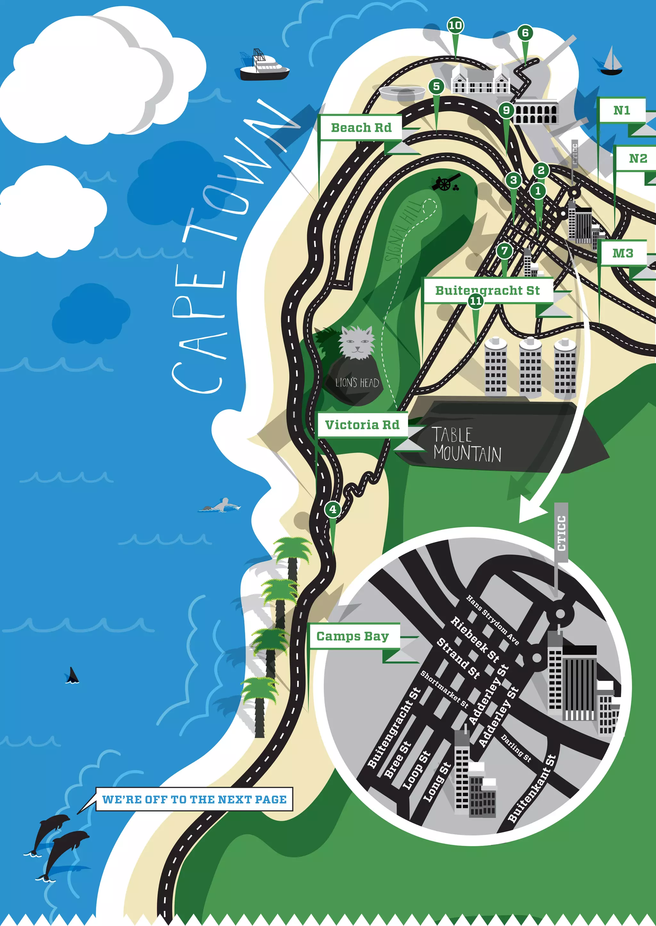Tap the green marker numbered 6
(x=525, y=33)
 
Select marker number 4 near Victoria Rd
(x=332, y=509)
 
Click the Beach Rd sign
(x=361, y=128)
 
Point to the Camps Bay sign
(x=353, y=636)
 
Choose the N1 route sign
(x=622, y=110)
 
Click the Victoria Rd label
(x=362, y=425)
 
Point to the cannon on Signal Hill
(x=446, y=183)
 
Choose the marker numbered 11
(x=475, y=301)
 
